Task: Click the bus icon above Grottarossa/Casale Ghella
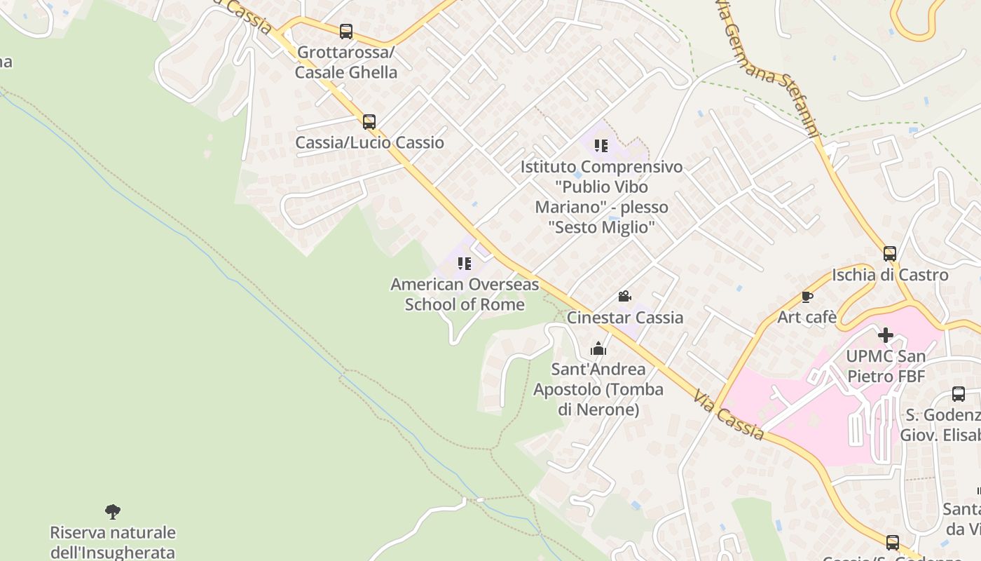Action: [346, 32]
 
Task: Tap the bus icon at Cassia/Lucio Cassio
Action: [369, 122]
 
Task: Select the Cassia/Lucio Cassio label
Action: [369, 142]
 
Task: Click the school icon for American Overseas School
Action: [464, 264]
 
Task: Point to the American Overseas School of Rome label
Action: [465, 295]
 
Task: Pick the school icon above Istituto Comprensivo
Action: [601, 146]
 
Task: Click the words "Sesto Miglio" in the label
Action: [601, 227]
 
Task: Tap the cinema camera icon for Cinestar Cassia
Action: [624, 297]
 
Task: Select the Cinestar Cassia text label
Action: [625, 318]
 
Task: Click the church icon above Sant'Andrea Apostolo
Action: [598, 349]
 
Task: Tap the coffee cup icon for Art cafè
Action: [807, 297]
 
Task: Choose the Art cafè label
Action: [807, 318]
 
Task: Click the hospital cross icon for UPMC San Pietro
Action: [886, 335]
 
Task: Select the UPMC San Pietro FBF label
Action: [886, 366]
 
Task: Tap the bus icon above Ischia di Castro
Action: [890, 254]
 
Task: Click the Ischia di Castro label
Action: [890, 275]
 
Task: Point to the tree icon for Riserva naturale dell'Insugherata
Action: [112, 511]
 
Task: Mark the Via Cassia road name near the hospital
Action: [729, 417]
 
